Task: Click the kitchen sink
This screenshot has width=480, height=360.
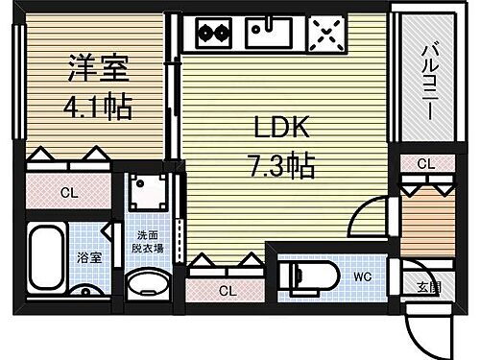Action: (x=270, y=35)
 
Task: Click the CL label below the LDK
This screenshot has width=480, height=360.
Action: (x=226, y=290)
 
